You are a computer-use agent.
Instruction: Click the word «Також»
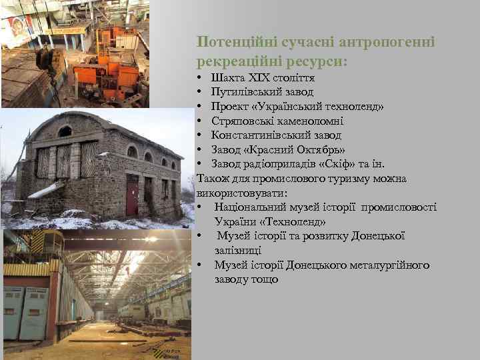(x=213, y=179)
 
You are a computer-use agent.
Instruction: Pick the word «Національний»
(x=250, y=207)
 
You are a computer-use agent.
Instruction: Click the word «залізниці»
(x=237, y=251)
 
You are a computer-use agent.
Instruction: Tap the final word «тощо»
(x=264, y=279)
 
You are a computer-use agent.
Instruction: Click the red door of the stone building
(x=132, y=194)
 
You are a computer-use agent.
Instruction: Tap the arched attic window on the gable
(x=65, y=131)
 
